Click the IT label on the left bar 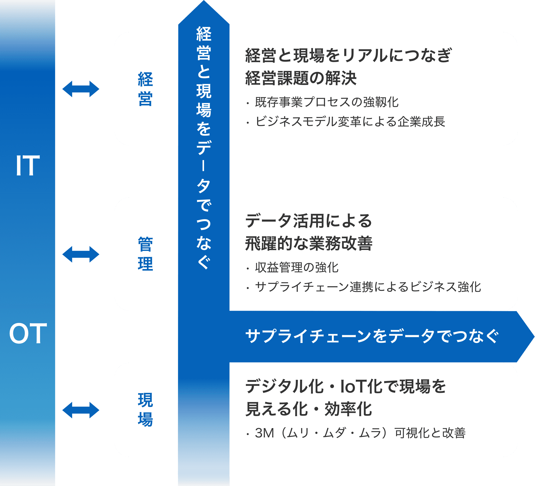[x=28, y=166]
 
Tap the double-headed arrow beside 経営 [x=81, y=89]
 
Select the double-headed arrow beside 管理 [x=81, y=254]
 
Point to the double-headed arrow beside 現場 [x=81, y=410]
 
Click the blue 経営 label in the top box [x=145, y=89]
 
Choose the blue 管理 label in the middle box [x=145, y=254]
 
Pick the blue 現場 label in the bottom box [x=145, y=410]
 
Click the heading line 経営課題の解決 [x=301, y=78]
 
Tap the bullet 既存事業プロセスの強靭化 [x=326, y=102]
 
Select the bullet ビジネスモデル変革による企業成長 [x=350, y=122]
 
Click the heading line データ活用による [x=308, y=221]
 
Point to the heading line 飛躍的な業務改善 [x=309, y=244]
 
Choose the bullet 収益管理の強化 [x=296, y=268]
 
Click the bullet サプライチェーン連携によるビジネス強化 [x=368, y=287]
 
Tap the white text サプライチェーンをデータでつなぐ [x=372, y=336]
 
